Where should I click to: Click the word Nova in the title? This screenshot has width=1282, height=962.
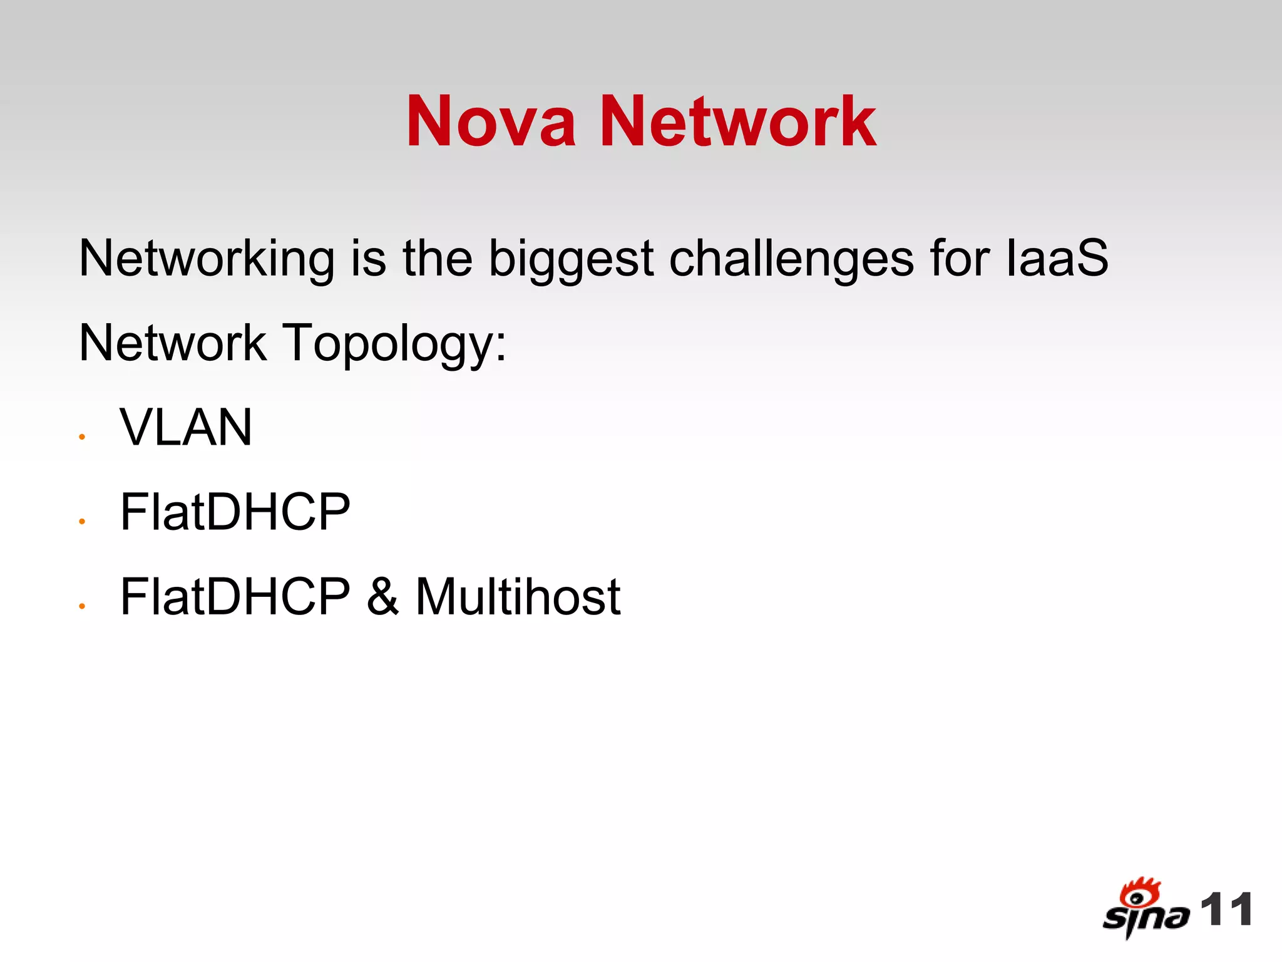491,122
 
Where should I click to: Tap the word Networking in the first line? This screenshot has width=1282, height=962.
207,259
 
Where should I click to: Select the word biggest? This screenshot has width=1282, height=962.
571,259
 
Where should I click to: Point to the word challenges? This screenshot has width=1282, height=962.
791,259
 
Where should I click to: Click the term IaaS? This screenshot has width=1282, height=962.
1057,259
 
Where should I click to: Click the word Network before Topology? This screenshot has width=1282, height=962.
173,343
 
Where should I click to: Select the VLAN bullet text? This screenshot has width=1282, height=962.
186,428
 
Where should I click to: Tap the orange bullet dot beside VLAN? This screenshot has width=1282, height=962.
82,437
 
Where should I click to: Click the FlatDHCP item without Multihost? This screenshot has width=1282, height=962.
235,512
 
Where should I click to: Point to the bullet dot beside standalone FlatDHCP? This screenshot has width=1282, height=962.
82,522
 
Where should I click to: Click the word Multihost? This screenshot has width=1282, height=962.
518,597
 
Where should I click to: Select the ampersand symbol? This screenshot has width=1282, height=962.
382,597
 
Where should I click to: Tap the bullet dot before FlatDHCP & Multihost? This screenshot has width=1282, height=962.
82,606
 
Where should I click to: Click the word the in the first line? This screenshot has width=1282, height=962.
438,259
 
